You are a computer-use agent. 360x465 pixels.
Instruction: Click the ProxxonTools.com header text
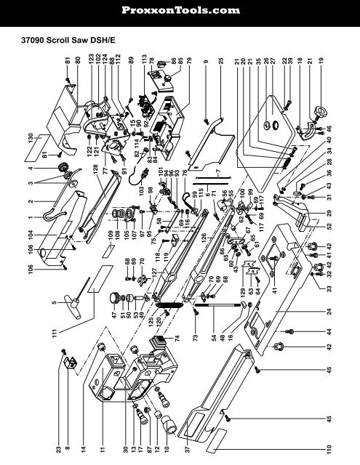[x=180, y=10]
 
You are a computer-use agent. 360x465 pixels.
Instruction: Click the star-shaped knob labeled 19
[x=318, y=116]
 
